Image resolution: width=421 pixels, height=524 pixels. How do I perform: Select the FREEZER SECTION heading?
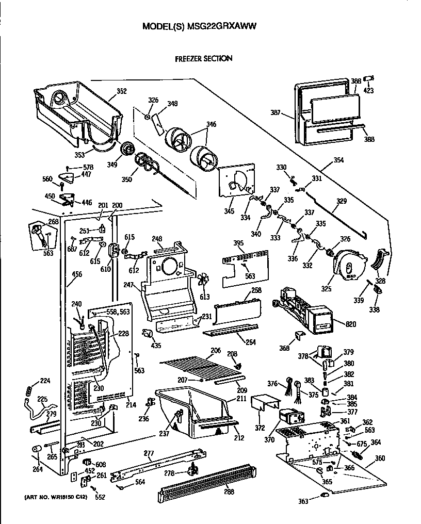point(203,58)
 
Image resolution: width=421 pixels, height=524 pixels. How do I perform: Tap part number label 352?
point(121,91)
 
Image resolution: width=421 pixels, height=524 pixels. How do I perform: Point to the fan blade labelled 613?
point(204,280)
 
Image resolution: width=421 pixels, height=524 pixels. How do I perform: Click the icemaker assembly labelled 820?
point(302,309)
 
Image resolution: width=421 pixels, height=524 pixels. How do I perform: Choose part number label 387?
point(277,112)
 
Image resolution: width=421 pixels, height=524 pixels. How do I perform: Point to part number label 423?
point(368,91)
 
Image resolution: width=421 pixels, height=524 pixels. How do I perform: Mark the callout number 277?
point(149,453)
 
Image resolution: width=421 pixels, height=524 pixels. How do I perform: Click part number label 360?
point(380,458)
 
